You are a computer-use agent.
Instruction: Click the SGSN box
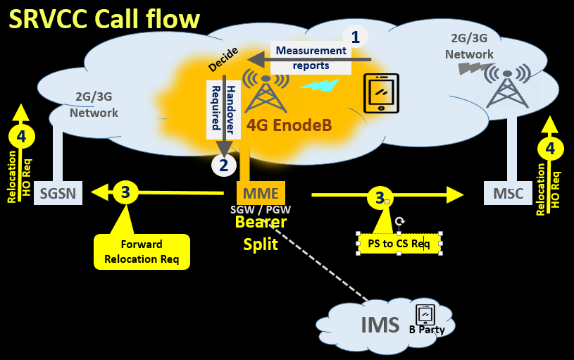pos(58,193)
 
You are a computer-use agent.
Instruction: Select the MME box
pos(261,193)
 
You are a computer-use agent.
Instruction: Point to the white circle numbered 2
pos(224,166)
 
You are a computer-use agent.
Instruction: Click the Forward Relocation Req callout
pos(142,252)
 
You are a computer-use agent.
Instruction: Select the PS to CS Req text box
pos(399,244)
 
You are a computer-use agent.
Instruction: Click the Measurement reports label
pos(311,58)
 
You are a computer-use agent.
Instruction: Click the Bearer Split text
pos(261,233)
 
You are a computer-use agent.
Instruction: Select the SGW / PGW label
pos(261,210)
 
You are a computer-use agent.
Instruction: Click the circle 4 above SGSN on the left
pos(21,136)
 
